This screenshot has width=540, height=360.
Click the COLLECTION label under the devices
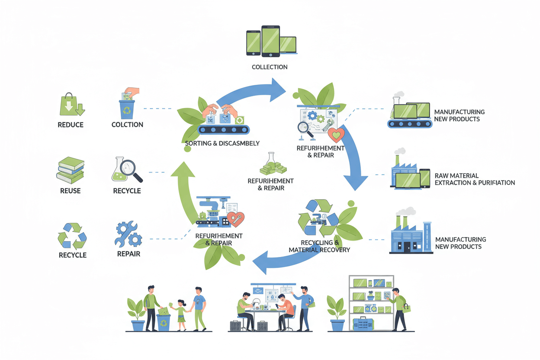(270, 67)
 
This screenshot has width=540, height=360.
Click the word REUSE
(71, 190)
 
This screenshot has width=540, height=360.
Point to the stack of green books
(70, 170)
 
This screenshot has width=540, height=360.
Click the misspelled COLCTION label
(127, 125)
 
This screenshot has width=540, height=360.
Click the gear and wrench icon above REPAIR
(129, 234)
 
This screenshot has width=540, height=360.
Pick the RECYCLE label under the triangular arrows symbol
(72, 255)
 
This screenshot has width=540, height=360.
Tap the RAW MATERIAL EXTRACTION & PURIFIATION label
(474, 179)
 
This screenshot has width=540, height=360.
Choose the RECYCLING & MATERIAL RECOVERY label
(319, 246)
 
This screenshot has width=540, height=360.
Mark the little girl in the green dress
(181, 314)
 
